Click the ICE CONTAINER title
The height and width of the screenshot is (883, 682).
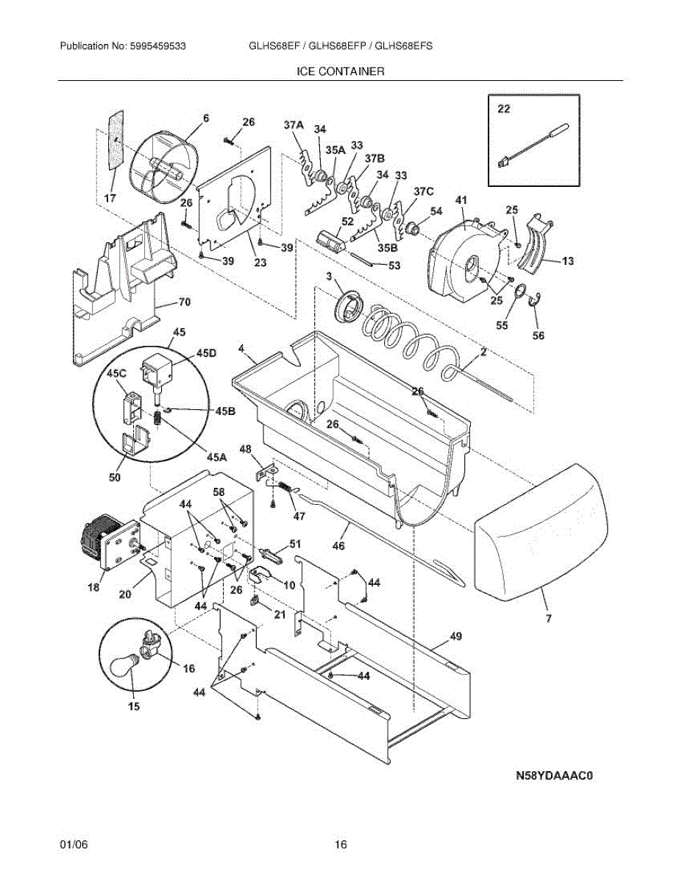click(340, 72)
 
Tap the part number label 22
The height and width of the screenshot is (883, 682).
click(503, 109)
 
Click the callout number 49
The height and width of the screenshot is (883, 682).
click(455, 637)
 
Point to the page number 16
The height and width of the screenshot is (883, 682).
click(340, 844)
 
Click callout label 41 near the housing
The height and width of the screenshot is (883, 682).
click(461, 201)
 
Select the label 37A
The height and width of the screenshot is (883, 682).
click(294, 126)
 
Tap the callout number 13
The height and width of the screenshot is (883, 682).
click(569, 261)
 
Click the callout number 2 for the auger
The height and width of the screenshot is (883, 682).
click(483, 352)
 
